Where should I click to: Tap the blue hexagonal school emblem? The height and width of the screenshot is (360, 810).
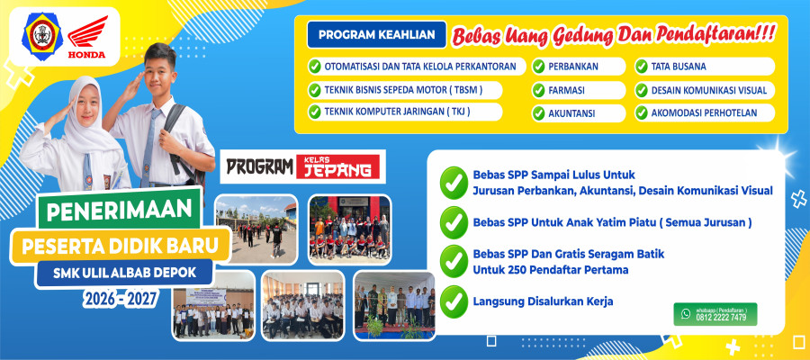(41, 36)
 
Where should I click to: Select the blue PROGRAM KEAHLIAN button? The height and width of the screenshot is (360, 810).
(376, 35)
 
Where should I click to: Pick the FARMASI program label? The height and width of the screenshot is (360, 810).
(566, 90)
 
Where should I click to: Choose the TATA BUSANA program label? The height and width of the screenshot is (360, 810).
(679, 67)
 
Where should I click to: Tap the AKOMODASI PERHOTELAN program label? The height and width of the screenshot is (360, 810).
(704, 113)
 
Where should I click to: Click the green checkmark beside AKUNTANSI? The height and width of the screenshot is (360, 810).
(539, 113)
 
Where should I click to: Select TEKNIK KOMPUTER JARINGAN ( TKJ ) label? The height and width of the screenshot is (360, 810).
(397, 112)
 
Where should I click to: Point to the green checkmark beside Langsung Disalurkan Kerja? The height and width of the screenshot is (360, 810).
(454, 301)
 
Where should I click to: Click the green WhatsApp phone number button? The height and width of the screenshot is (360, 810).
(715, 314)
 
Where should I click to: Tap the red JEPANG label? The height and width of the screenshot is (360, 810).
(337, 166)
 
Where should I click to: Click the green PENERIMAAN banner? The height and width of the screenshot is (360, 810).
(118, 209)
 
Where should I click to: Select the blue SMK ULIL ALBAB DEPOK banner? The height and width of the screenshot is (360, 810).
(124, 273)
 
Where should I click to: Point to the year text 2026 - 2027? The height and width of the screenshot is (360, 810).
(121, 299)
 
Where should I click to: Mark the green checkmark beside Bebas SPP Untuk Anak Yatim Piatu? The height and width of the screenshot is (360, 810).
(454, 222)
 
